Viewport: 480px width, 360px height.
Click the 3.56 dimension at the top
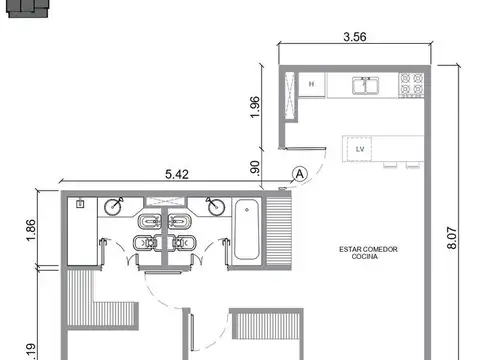click(x=356, y=38)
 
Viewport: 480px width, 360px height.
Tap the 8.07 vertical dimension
click(x=452, y=236)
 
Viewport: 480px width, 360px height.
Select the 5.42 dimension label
click(x=176, y=173)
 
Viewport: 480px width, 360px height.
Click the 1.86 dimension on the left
click(x=30, y=231)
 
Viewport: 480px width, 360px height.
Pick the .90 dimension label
click(x=255, y=169)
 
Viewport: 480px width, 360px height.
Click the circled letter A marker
click(x=299, y=173)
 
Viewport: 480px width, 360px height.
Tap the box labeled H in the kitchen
click(x=311, y=85)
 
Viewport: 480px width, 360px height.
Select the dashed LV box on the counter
click(x=359, y=149)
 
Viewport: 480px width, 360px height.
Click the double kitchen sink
click(x=366, y=86)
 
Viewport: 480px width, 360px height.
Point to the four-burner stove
click(x=411, y=86)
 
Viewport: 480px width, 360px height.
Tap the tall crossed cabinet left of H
click(x=291, y=95)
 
